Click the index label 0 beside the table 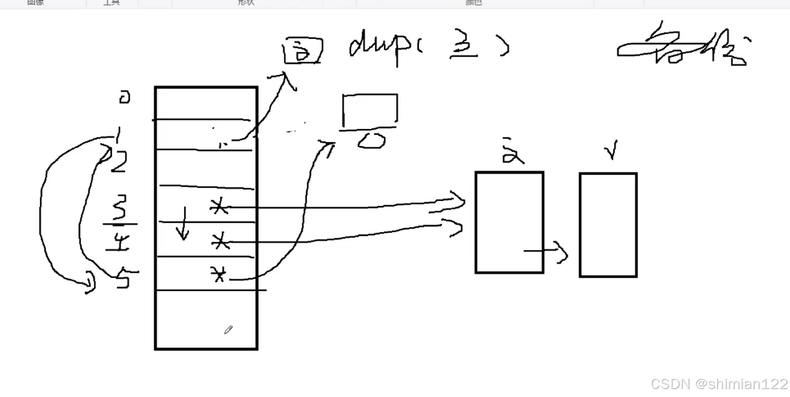coord(124,98)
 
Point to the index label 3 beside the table coord(119,210)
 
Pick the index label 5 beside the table coord(122,279)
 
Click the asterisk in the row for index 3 coord(218,207)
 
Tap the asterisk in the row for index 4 coord(220,243)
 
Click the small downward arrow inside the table coord(182,224)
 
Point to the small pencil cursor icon coord(228,330)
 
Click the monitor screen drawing coord(370,110)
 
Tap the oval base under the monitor coord(372,141)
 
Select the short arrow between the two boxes coord(546,252)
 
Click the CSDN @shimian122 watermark coord(719,384)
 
